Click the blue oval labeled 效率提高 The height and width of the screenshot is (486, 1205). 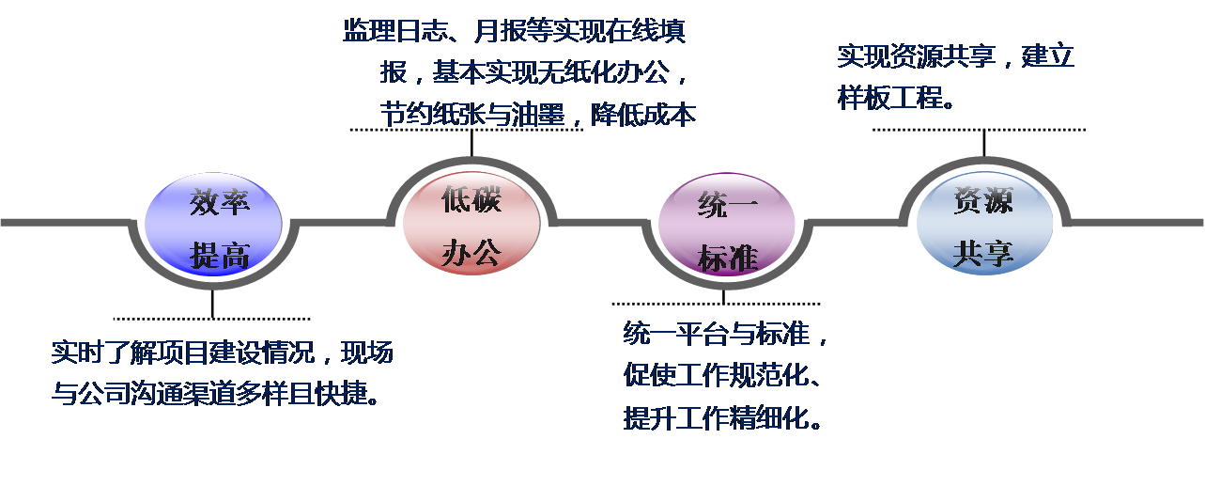(213, 225)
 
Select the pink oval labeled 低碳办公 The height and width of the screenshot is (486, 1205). (471, 223)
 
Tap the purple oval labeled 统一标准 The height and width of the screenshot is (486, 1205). (727, 225)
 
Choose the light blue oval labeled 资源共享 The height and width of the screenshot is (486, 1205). (984, 223)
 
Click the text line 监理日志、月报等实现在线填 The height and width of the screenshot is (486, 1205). (515, 31)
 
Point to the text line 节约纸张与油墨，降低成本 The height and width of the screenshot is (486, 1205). (538, 115)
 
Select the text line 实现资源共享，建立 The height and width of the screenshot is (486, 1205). (956, 56)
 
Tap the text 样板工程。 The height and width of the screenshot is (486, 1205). (896, 98)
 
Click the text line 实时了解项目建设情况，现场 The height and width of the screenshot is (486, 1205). (223, 353)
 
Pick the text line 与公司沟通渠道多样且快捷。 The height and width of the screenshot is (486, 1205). (215, 394)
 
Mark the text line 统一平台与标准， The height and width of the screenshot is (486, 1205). (726, 333)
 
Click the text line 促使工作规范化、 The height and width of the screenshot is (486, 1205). (722, 374)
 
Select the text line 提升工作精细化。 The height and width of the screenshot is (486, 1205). (722, 417)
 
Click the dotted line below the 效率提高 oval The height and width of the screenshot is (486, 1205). (212, 319)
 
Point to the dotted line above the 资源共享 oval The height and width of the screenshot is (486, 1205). (979, 130)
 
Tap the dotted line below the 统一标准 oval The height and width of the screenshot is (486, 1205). (716, 304)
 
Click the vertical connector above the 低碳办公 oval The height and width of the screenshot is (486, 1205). (471, 143)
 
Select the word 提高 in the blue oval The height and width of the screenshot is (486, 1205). (220, 256)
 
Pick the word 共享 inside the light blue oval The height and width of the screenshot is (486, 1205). (983, 254)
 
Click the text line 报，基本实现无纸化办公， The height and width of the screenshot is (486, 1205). (533, 72)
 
